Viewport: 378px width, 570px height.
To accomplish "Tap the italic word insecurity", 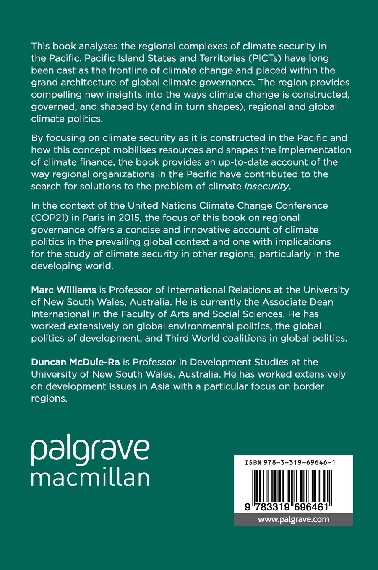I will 266,186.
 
